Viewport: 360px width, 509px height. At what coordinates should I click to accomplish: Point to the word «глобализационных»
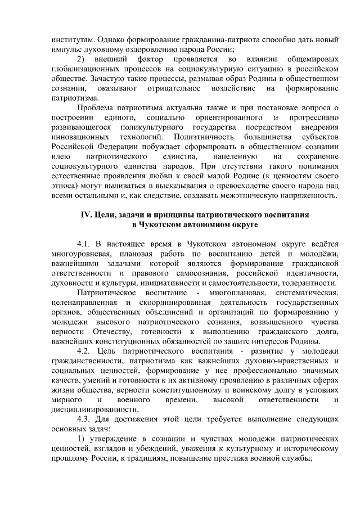click(83, 69)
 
